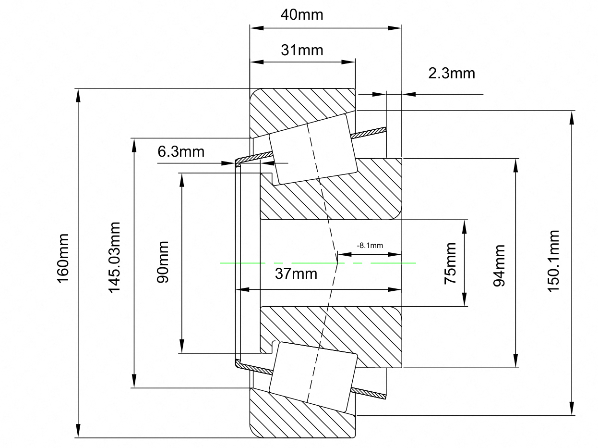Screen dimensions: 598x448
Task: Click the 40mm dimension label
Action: [302, 15]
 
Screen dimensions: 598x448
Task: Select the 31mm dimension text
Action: [302, 50]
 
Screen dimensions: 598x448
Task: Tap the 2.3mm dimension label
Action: [452, 74]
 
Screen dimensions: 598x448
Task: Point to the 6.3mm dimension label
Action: [181, 151]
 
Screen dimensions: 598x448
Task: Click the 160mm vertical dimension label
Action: [63, 259]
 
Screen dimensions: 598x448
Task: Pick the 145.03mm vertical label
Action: [114, 258]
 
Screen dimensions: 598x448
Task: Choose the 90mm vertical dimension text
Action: [163, 262]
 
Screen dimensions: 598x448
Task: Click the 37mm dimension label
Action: [296, 274]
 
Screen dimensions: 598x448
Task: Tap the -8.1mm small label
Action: [370, 246]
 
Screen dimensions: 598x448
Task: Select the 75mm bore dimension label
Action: [450, 263]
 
